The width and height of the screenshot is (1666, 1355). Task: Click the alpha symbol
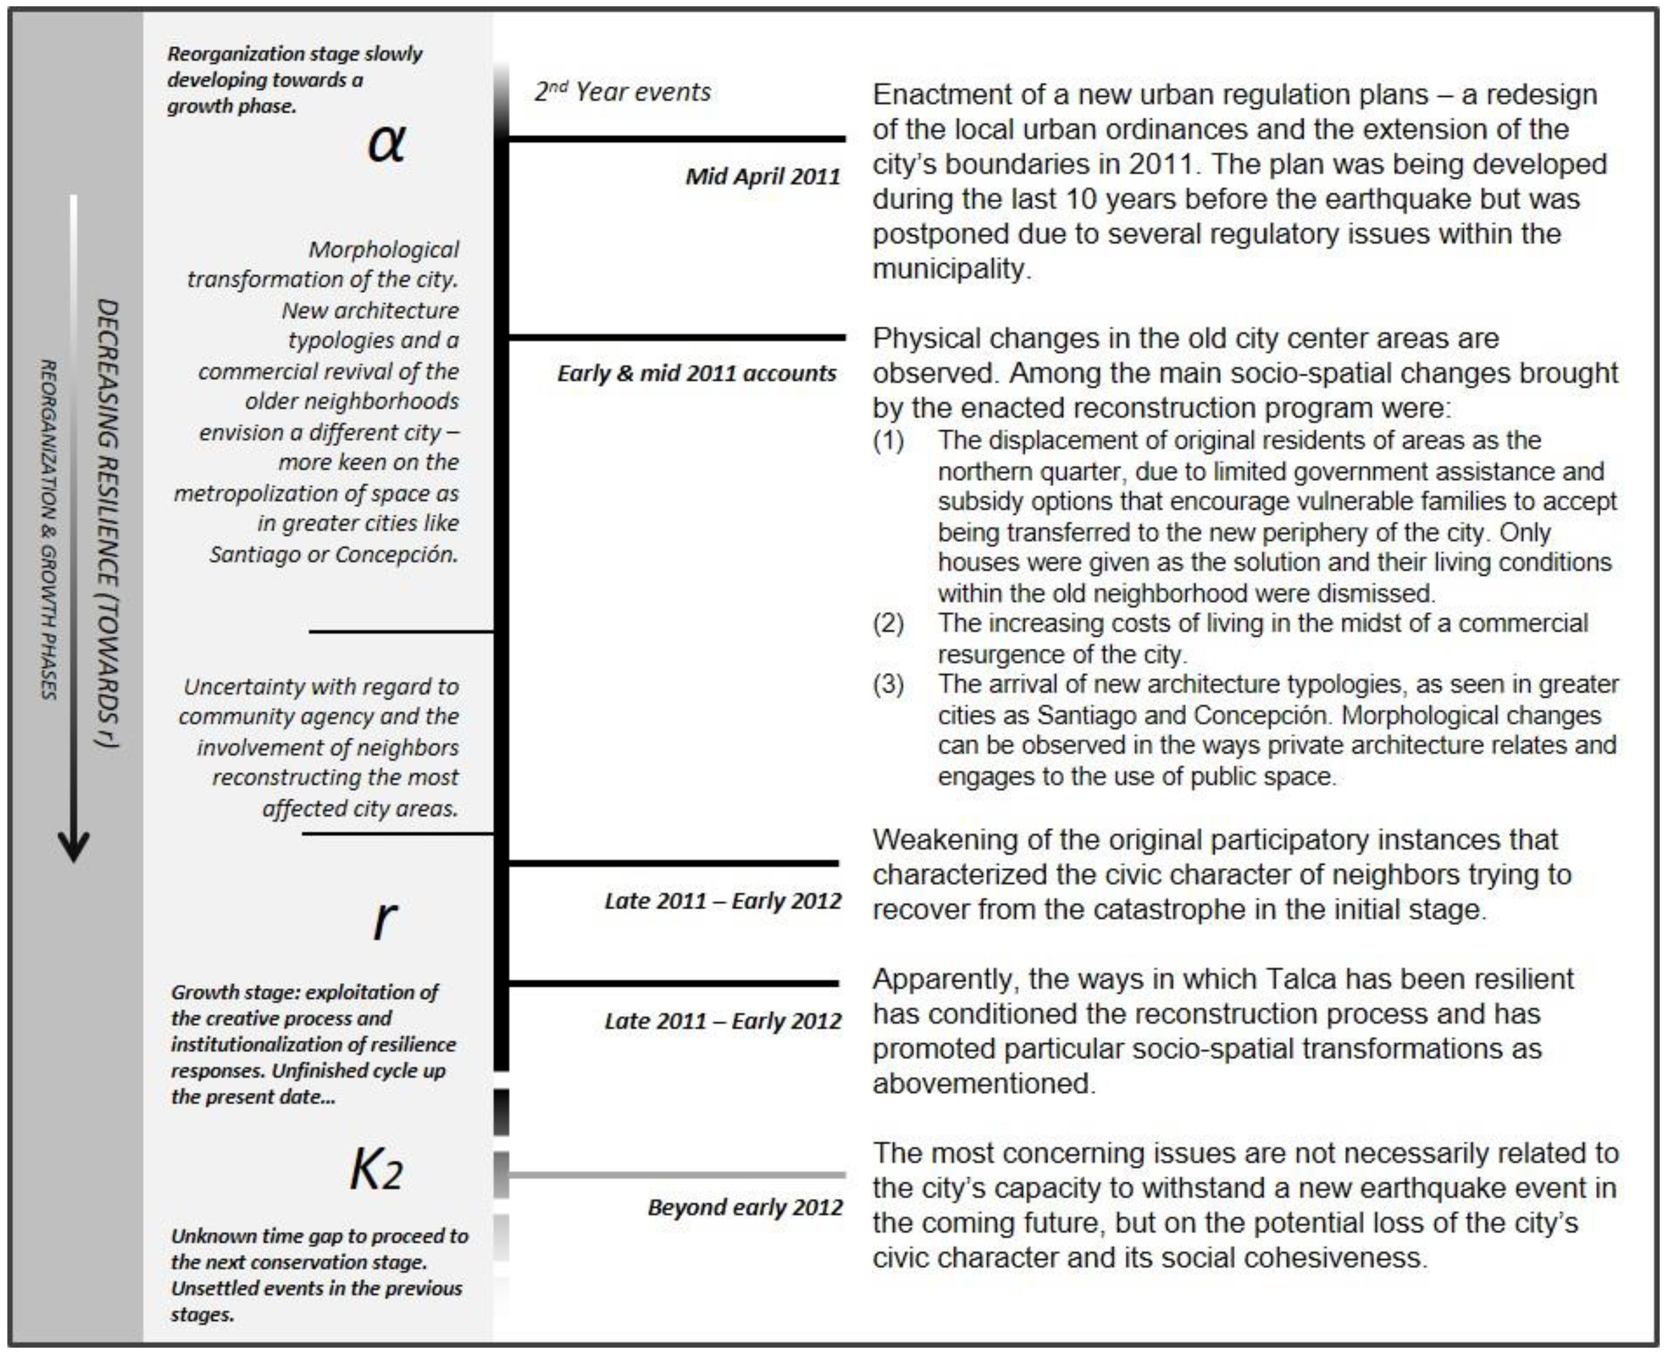click(x=386, y=143)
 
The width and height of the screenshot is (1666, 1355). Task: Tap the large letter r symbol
click(x=385, y=919)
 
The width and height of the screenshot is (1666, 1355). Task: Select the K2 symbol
click(x=376, y=1169)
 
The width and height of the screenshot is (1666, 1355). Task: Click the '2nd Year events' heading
click(x=622, y=92)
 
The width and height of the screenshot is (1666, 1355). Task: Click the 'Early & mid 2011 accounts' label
click(x=697, y=373)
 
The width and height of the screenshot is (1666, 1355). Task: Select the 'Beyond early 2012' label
click(x=745, y=1207)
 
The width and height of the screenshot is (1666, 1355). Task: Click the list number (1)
click(x=888, y=440)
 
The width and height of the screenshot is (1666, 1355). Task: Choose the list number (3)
click(x=888, y=684)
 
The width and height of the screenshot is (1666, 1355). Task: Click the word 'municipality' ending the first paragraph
click(x=950, y=269)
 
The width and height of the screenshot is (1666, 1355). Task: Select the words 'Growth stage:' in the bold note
click(x=234, y=992)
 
